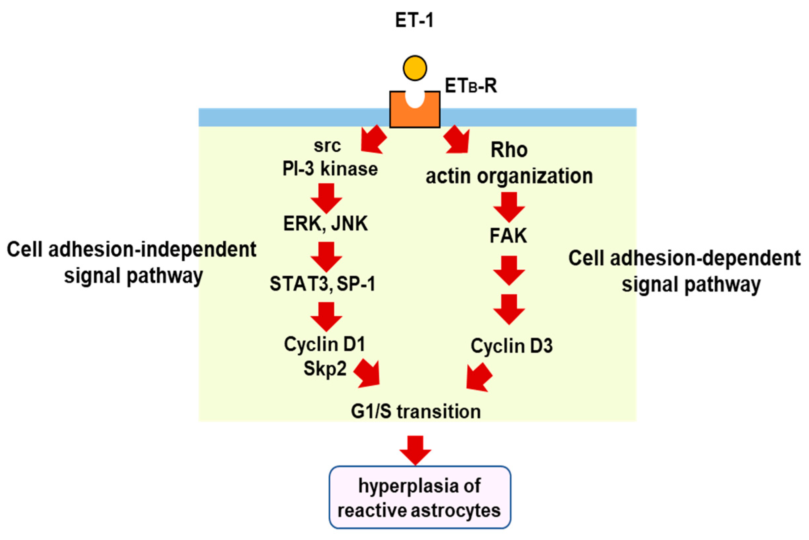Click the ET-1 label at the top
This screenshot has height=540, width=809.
tap(414, 20)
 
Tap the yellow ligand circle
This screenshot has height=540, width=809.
tap(415, 68)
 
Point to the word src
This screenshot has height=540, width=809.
tap(327, 146)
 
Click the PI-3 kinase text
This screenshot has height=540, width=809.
tap(330, 169)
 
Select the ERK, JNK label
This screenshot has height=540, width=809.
tap(325, 224)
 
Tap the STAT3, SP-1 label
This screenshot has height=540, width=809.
tap(322, 284)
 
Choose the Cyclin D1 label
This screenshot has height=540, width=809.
tap(325, 344)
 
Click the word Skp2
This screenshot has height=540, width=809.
tap(325, 369)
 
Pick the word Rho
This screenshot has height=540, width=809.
tap(509, 150)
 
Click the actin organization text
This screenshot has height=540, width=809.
tap(509, 176)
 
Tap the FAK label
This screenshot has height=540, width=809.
tap(508, 236)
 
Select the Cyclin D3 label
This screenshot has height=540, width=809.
tap(512, 346)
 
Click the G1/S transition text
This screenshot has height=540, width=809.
tap(416, 411)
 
